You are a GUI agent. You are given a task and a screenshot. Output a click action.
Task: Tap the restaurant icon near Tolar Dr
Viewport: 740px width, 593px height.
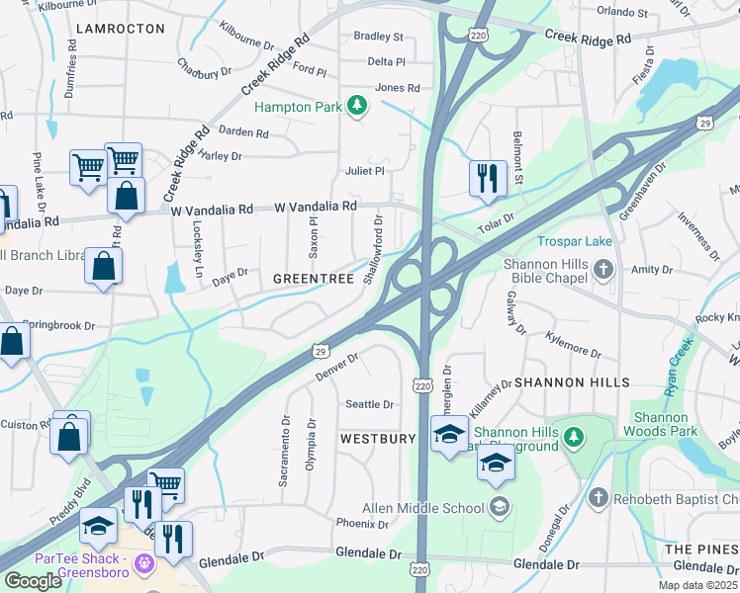tap(487, 178)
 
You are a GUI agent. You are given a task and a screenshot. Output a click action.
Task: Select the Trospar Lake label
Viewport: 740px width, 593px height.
tap(575, 241)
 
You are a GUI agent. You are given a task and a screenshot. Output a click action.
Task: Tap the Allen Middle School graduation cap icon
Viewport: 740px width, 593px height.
tap(501, 508)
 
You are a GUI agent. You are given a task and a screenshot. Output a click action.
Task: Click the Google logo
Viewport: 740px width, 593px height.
tap(33, 580)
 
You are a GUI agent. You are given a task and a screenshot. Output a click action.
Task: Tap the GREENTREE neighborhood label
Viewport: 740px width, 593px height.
tap(314, 280)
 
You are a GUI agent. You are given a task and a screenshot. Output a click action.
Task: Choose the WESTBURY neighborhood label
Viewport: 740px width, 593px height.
tap(374, 437)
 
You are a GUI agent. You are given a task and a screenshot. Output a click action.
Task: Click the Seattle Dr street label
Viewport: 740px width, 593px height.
tap(370, 404)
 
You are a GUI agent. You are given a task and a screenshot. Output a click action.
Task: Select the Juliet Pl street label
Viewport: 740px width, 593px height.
tap(365, 171)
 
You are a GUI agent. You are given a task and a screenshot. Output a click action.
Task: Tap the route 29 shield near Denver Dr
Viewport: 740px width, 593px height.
tap(320, 351)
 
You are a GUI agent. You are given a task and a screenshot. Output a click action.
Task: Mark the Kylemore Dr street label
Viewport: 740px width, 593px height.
tap(573, 344)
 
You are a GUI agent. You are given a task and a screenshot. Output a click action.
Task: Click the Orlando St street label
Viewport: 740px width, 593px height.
tap(622, 14)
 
